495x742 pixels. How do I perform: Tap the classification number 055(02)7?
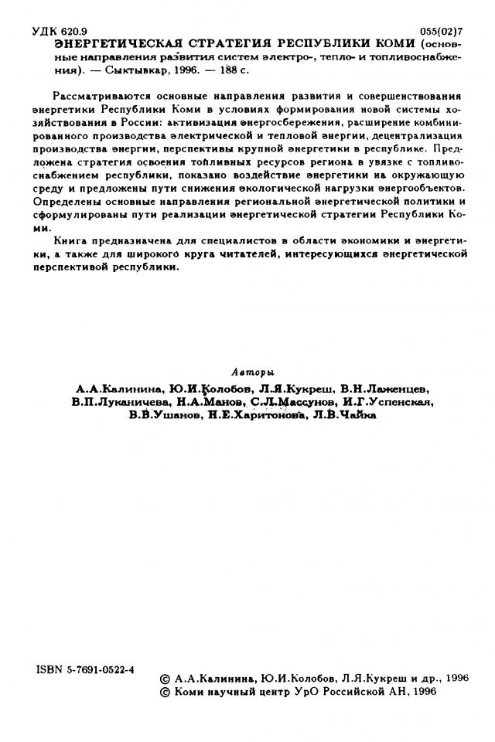[x=440, y=32]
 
